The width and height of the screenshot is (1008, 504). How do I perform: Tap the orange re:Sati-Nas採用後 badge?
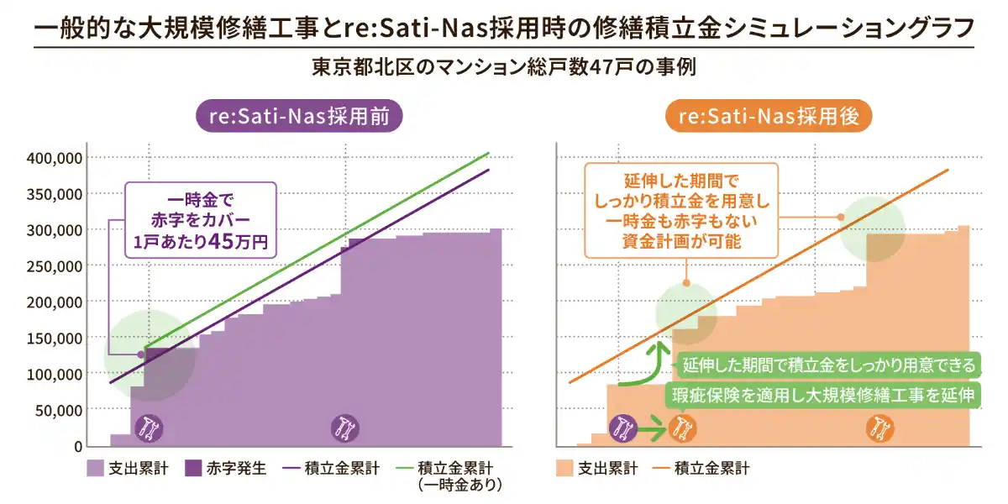pos(769,117)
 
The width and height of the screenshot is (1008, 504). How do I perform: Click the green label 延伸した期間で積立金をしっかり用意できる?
pos(829,365)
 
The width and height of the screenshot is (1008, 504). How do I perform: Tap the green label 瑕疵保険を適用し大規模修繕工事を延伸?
pos(823,396)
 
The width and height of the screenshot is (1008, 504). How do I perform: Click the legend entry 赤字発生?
pos(227,469)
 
